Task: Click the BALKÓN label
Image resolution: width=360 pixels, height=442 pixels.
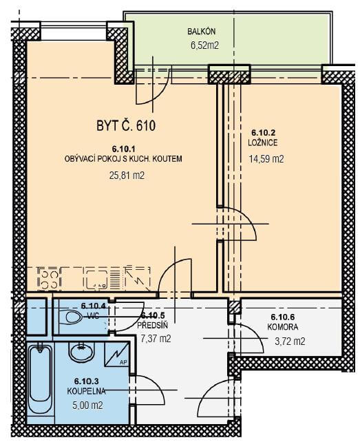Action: point(201,31)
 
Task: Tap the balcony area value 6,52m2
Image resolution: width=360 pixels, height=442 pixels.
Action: point(204,45)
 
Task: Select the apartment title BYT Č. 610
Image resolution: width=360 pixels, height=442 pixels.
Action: point(126,125)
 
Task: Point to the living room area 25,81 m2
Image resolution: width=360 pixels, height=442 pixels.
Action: point(127,176)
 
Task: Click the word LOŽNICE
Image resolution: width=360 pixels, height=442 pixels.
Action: point(263,143)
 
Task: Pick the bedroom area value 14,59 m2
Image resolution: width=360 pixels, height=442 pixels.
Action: point(266,159)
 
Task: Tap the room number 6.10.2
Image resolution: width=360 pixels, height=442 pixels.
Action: point(264,132)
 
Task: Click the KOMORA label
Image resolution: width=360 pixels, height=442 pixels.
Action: point(283,327)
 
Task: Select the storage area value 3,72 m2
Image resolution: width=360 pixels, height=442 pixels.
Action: point(290,341)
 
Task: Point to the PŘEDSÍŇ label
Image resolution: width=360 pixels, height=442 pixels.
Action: point(153,325)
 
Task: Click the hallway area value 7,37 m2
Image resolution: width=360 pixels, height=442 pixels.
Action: point(156,339)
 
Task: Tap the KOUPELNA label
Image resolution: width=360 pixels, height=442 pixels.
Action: point(86,391)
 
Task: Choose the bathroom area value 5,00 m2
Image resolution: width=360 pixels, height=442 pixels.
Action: point(87,406)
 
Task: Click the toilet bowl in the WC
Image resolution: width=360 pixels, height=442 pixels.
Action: point(71,317)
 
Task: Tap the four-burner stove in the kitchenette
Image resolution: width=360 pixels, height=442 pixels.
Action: point(50,279)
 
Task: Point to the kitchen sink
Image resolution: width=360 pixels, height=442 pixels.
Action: point(96,280)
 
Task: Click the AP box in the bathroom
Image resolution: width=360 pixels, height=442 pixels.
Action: point(117,355)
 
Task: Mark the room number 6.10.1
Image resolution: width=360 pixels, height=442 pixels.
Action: point(124,149)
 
